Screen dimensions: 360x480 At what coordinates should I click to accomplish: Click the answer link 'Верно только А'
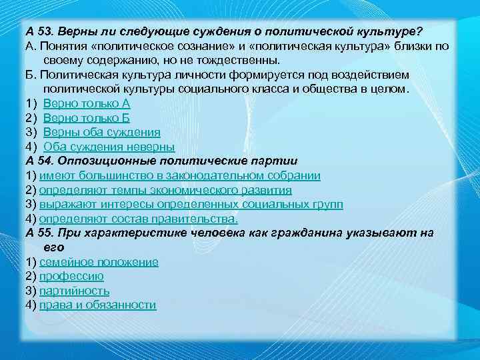[x=87, y=103]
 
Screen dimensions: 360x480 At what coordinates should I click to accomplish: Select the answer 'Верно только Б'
[x=86, y=117]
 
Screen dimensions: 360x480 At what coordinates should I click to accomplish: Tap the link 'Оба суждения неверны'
[x=109, y=147]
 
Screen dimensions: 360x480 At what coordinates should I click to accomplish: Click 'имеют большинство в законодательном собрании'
[x=180, y=175]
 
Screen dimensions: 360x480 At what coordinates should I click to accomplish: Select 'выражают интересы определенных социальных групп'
[x=191, y=204]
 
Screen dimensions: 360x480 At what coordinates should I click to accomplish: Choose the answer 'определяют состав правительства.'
[x=138, y=219]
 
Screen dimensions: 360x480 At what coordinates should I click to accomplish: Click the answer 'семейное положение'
[x=99, y=261]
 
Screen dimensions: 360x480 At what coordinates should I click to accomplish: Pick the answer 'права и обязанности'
[x=97, y=305]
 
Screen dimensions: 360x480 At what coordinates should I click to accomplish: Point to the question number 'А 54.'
[x=39, y=161]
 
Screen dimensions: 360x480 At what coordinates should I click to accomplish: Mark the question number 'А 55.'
[x=39, y=233]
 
